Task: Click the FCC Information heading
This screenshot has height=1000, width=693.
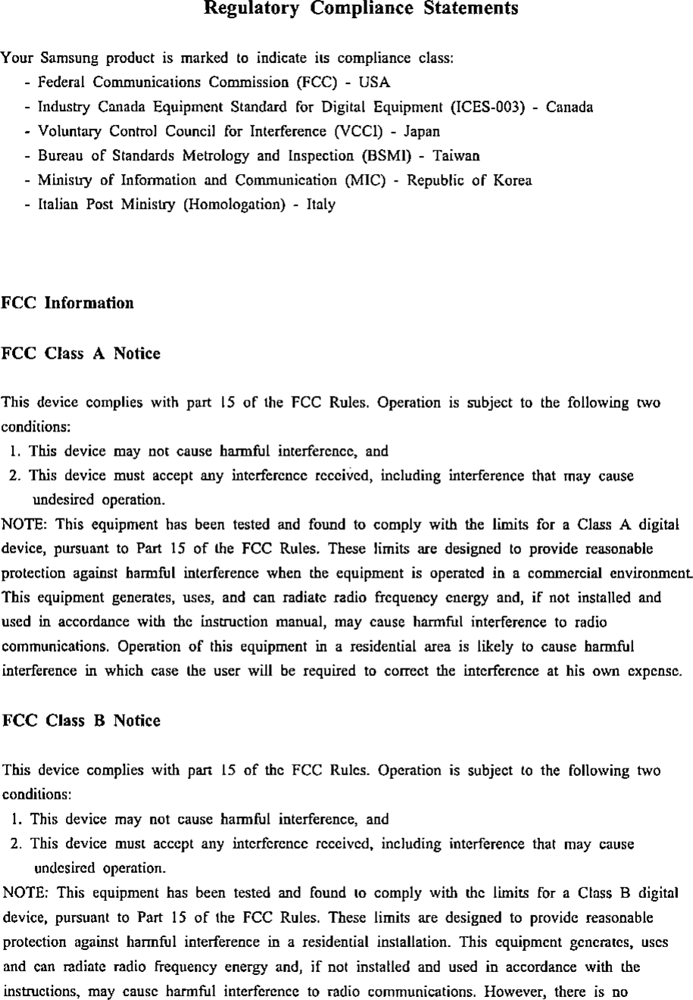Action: coord(67,304)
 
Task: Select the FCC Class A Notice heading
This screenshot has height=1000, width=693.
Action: coord(82,354)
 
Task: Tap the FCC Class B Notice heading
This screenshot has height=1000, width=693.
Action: coord(82,721)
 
